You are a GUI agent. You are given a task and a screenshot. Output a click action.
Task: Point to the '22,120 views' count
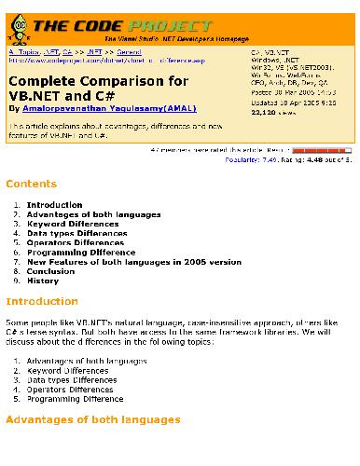[272, 111]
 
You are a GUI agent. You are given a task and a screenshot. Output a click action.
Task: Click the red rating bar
[323, 149]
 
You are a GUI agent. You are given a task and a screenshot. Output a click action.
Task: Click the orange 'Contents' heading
[32, 185]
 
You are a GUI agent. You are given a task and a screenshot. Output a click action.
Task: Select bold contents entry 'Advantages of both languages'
[81, 214]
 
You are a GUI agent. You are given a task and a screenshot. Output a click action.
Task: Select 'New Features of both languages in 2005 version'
[120, 262]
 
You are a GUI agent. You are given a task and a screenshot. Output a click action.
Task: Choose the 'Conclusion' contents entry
[50, 271]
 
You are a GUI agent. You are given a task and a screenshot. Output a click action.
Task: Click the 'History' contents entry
[42, 281]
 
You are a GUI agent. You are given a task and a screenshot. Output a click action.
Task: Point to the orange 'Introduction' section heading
[42, 301]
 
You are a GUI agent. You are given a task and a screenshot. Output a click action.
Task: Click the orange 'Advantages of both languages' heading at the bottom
[93, 420]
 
